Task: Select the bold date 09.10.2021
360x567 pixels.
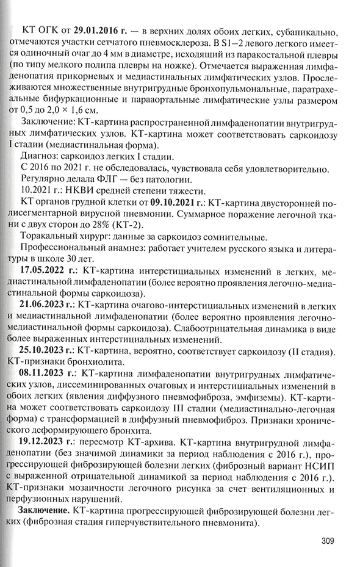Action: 176,201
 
